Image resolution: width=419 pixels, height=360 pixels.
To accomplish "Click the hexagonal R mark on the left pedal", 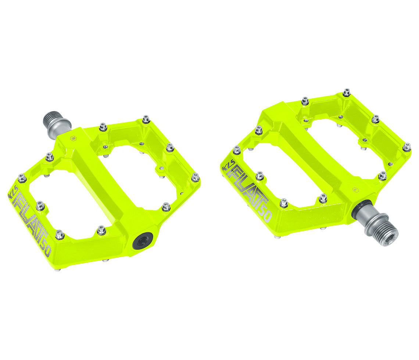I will pyautogui.click(x=73, y=139).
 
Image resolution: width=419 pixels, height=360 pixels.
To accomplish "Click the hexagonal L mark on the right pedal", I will pyautogui.click(x=355, y=190).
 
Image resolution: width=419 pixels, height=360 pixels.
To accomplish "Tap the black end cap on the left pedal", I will pyautogui.click(x=143, y=241).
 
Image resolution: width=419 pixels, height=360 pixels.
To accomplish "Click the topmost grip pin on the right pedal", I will pyautogui.click(x=346, y=92).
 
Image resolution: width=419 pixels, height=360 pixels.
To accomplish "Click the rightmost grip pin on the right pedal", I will pyautogui.click(x=406, y=147).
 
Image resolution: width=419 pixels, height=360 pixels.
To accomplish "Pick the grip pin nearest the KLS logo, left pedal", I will pyautogui.click(x=22, y=178).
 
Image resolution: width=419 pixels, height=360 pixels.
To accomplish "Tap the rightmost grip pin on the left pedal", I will pyautogui.click(x=195, y=177).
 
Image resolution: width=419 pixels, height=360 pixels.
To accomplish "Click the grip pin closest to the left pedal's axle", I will pyautogui.click(x=103, y=127).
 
